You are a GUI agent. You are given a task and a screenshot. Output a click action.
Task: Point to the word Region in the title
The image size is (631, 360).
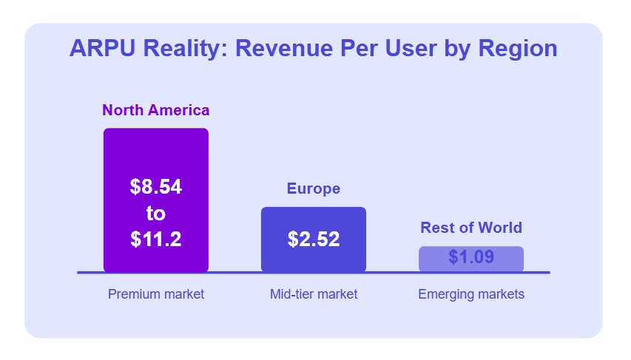pos(518,48)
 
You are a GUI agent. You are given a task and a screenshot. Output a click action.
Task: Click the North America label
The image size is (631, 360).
pos(155,110)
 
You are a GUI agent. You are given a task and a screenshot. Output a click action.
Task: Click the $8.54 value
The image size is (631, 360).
pos(155,187)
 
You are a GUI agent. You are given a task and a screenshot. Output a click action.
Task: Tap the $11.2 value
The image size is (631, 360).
pos(155,239)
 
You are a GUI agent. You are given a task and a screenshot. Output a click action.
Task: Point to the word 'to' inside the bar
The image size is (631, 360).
pos(155,213)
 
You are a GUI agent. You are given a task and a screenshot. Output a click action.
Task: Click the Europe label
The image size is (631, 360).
pos(314,189)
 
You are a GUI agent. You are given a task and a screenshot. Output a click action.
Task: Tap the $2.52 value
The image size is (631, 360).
pos(314,240)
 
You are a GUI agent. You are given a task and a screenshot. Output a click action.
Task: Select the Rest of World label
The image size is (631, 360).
pos(471,228)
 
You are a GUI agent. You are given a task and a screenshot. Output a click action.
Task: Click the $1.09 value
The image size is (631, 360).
pos(471,258)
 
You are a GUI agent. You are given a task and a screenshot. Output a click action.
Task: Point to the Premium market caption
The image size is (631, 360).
pos(155,294)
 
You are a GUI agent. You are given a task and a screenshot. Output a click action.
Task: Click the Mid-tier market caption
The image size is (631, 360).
pos(314,294)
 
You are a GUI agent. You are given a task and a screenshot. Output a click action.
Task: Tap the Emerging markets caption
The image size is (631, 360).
pos(471,294)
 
